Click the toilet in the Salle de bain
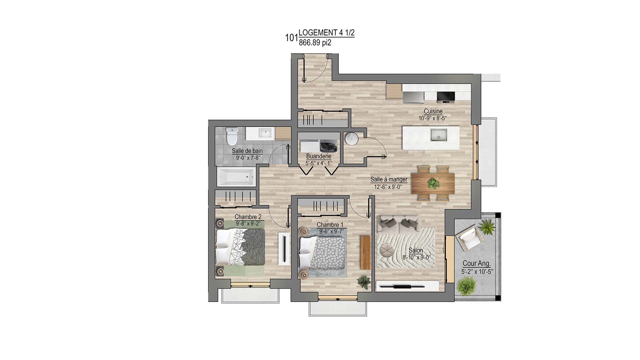pos(231,136)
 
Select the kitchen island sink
pos(439,135)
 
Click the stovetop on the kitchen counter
pos(446,96)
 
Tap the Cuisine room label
pos(433,111)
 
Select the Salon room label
pos(416,250)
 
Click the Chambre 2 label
pos(248,217)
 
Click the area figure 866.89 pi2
pos(315,43)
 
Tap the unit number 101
pos(291,38)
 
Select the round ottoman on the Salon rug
pos(387,250)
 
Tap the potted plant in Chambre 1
pos(364,282)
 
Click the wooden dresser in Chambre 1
pos(366,252)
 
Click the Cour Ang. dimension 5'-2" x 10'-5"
pos(477,272)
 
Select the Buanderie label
pos(319,156)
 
